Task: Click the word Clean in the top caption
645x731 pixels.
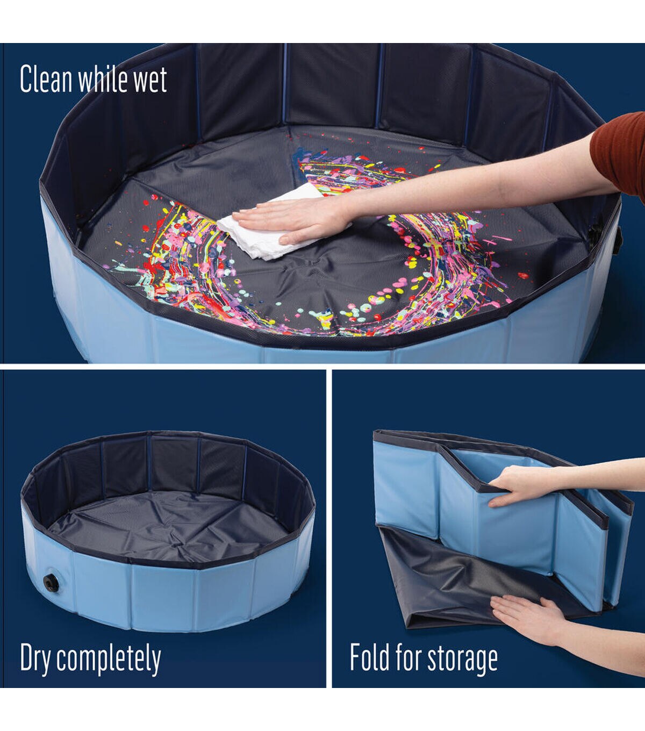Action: [x=46, y=79]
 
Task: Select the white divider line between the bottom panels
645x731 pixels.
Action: [x=329, y=528]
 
